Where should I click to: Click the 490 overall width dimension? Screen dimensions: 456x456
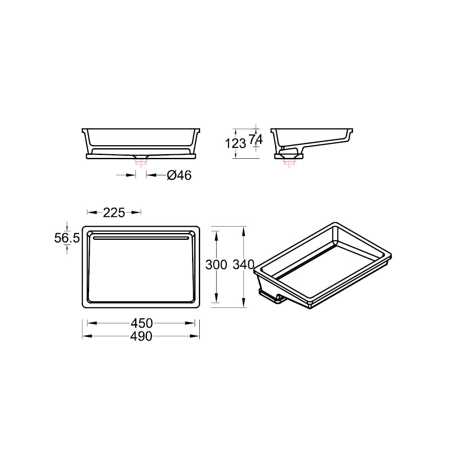click(x=141, y=337)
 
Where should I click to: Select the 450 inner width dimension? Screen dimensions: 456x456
click(x=141, y=323)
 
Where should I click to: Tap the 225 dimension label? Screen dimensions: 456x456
click(x=114, y=213)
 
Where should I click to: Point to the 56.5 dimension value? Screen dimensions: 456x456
click(x=67, y=238)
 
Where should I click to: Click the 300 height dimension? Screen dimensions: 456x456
click(x=216, y=265)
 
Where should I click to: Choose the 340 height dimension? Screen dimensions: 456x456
click(x=244, y=265)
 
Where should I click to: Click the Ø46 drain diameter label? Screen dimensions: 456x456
click(x=179, y=175)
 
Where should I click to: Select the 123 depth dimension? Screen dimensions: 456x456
click(x=236, y=144)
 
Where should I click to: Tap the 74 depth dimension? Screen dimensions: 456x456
click(x=256, y=140)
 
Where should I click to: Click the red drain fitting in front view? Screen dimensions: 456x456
click(x=141, y=161)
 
